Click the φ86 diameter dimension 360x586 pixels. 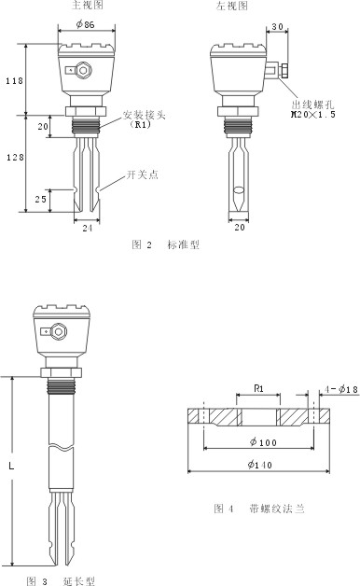(86, 24)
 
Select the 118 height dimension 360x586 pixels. (14, 80)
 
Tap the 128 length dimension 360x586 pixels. (15, 158)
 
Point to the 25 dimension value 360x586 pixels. (41, 199)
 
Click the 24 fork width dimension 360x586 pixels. (87, 228)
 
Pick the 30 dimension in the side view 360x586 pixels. (277, 26)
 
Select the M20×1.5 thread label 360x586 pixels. (313, 115)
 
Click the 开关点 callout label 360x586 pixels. (143, 174)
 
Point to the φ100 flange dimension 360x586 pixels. (263, 442)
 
